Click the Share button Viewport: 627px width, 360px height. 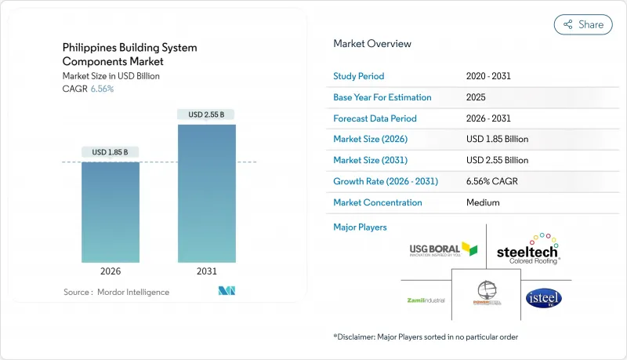click(583, 24)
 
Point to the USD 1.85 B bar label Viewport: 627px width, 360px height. click(111, 151)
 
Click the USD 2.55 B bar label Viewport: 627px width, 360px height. click(206, 115)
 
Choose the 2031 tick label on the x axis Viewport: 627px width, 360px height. click(206, 272)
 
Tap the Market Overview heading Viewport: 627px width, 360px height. click(371, 44)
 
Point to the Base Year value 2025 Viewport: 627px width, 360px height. click(476, 97)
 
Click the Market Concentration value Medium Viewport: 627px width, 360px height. click(482, 202)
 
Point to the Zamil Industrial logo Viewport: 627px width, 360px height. click(427, 300)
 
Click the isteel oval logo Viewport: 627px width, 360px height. click(543, 299)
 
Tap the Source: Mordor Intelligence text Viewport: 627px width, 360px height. click(116, 292)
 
